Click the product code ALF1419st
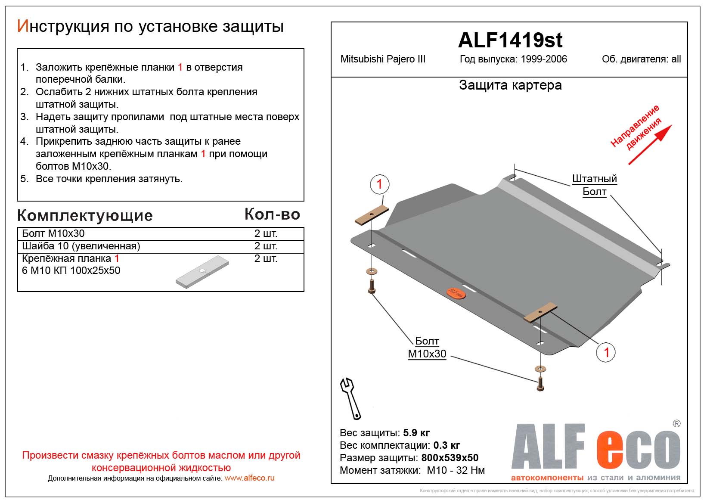point(510,40)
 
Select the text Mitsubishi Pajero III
point(383,59)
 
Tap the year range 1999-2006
point(543,59)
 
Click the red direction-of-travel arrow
point(650,145)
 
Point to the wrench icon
point(350,398)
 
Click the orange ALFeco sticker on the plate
point(456,293)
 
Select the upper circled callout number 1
point(379,184)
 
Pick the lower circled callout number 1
point(606,352)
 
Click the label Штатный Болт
point(594,185)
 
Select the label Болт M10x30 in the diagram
point(427,348)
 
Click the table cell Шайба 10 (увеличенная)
point(81,246)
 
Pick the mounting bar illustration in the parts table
point(202,272)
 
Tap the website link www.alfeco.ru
point(249,478)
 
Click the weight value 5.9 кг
point(416,433)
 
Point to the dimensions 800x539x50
point(450,458)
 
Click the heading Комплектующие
point(85,215)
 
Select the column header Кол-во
point(272,214)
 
